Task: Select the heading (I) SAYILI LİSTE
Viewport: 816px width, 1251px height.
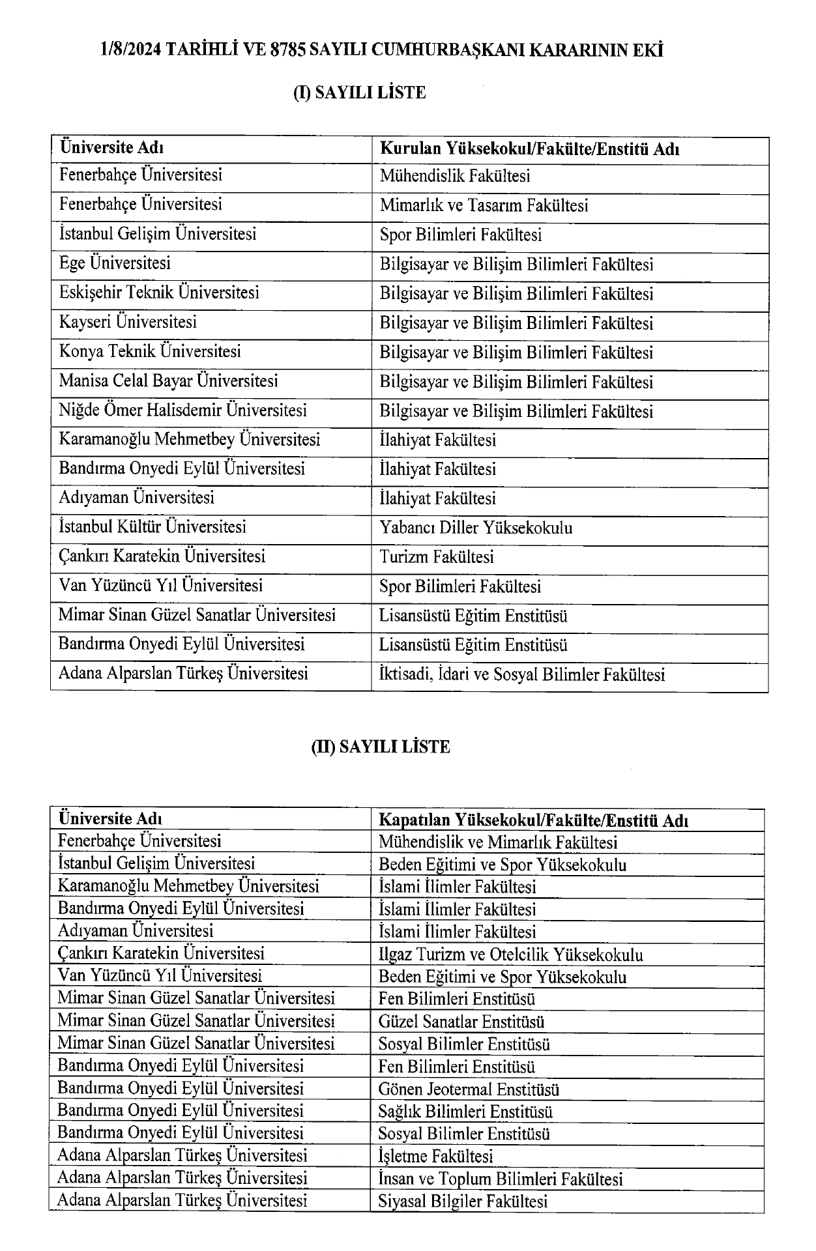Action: (x=359, y=93)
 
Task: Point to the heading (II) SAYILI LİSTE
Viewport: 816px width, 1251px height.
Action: (x=381, y=747)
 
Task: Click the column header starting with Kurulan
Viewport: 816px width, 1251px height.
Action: (x=530, y=149)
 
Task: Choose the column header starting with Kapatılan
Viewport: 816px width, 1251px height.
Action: (x=534, y=820)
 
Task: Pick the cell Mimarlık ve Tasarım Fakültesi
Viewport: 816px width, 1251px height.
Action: (x=484, y=206)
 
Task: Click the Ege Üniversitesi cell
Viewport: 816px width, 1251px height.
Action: (x=115, y=263)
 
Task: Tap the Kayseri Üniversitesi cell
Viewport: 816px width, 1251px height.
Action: (x=128, y=322)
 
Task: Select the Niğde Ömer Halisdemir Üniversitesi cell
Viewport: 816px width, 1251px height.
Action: (x=182, y=410)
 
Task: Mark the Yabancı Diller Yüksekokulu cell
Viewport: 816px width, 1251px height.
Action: (x=476, y=528)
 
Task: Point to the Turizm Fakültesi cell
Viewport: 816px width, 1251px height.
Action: (x=437, y=557)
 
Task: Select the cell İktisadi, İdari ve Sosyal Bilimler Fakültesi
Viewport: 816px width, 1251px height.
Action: (x=522, y=674)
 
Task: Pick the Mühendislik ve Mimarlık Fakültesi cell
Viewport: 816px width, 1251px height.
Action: (x=498, y=842)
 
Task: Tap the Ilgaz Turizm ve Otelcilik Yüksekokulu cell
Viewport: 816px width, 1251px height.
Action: (x=511, y=955)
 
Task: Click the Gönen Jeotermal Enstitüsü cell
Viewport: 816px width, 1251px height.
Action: (x=469, y=1089)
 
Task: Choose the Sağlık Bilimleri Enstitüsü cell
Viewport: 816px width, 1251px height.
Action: (x=465, y=1112)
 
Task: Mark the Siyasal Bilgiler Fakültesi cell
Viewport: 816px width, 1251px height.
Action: (x=463, y=1201)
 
